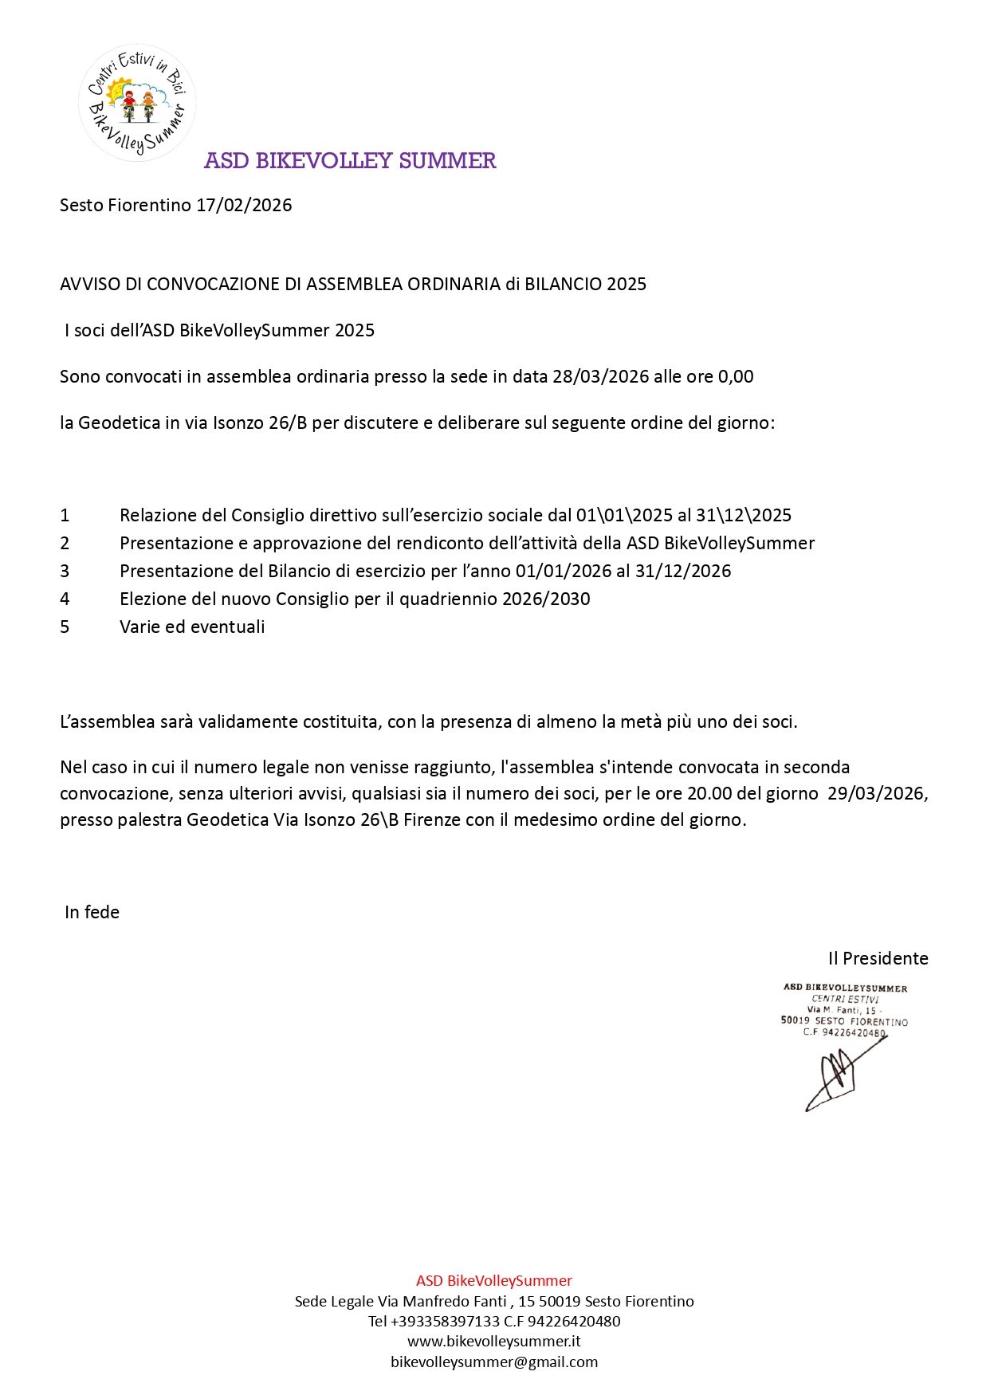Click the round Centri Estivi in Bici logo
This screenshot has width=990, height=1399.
click(x=137, y=103)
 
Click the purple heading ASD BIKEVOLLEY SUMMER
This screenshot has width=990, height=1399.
click(x=350, y=161)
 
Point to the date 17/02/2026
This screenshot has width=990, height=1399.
click(x=244, y=206)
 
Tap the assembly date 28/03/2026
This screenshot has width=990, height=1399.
click(x=600, y=377)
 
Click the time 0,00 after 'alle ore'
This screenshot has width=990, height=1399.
click(x=736, y=377)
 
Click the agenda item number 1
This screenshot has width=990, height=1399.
click(x=65, y=516)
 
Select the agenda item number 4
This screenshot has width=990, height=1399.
click(x=65, y=599)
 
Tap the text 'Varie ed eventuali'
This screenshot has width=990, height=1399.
click(x=192, y=627)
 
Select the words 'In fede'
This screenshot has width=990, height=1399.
click(x=92, y=913)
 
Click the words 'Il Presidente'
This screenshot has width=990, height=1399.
click(x=878, y=959)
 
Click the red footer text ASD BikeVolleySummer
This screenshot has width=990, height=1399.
click(x=494, y=1281)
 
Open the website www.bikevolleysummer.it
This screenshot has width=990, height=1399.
click(x=494, y=1342)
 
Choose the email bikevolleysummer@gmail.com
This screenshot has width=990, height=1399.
click(x=494, y=1362)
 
